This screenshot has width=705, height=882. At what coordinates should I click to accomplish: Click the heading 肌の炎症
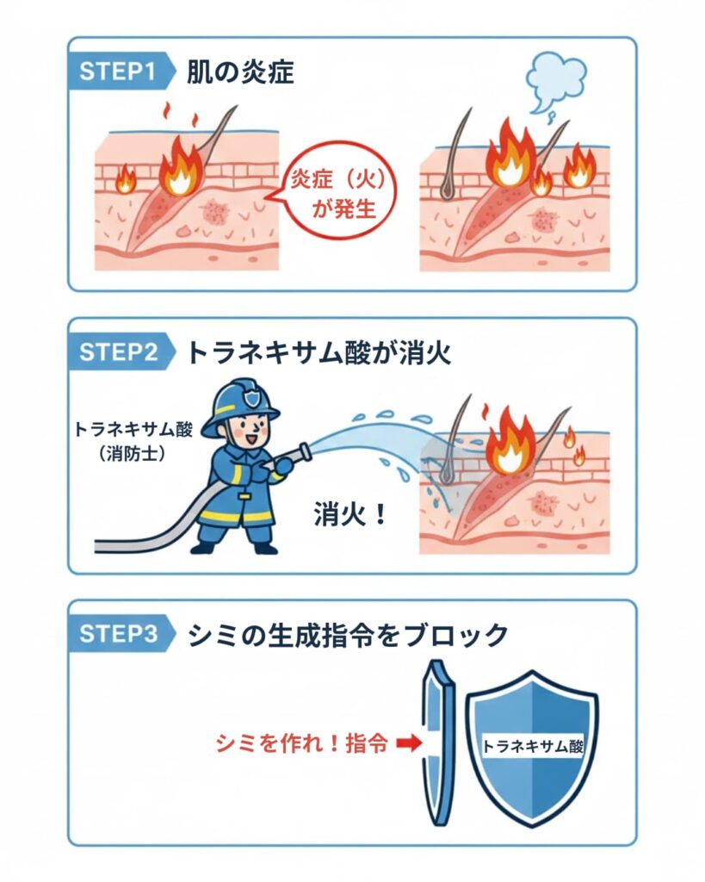[240, 72]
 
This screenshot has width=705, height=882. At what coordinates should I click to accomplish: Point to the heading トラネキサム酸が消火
[319, 353]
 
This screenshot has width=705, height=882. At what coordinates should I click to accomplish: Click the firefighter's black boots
[232, 546]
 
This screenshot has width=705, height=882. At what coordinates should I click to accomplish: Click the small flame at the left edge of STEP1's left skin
[125, 178]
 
